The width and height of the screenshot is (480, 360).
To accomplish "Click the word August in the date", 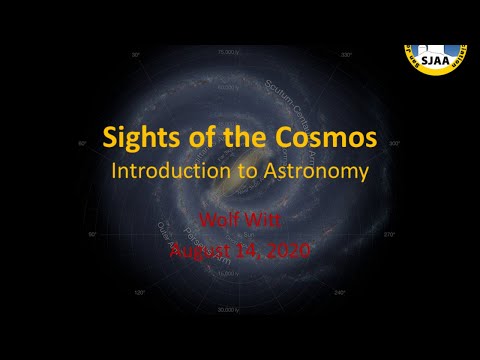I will tap(200, 250).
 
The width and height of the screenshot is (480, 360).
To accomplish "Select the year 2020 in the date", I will tap(289, 250).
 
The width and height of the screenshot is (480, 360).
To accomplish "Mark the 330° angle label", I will tap(347, 54).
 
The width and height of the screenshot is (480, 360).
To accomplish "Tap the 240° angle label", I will tap(340, 292).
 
